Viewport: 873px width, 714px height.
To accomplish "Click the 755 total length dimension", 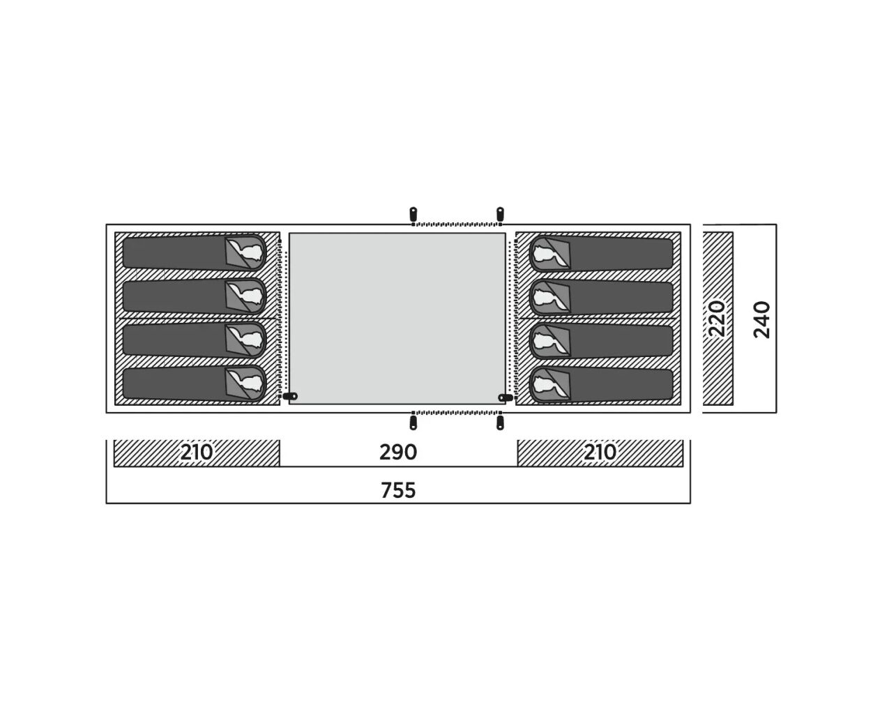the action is (x=397, y=491).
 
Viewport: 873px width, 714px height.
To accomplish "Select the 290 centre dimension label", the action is (x=397, y=453).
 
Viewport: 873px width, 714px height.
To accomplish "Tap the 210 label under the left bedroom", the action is (x=196, y=453).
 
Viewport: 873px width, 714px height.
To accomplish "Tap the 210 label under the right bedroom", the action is (x=600, y=453).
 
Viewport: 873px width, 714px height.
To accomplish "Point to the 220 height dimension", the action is (x=717, y=319).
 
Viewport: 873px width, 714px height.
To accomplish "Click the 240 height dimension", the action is (x=761, y=319).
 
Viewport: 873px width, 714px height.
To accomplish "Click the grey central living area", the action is (x=397, y=318).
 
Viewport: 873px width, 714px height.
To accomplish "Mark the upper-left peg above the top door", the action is (x=413, y=214).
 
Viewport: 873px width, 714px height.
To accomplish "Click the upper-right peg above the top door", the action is (x=500, y=214).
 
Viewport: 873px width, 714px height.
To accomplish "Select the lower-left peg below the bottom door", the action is (x=413, y=423).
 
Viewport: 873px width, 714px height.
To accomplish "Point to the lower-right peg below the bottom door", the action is (x=500, y=423).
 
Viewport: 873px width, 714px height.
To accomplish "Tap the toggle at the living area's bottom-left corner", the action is (x=290, y=396).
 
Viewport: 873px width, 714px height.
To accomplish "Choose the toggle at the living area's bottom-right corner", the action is (x=506, y=397).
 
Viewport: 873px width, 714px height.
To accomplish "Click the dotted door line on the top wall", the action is (x=456, y=225).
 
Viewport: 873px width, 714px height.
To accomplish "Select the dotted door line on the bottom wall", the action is (x=456, y=413).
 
